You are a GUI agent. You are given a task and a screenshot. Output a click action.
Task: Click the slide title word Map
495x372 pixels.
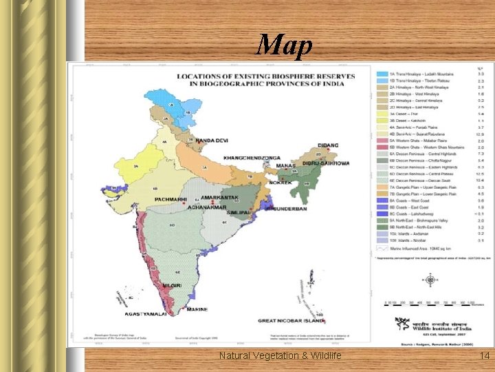click(x=284, y=45)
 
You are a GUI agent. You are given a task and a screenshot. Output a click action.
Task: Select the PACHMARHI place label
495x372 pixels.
click(x=171, y=198)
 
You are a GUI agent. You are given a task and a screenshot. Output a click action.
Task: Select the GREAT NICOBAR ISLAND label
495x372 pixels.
click(x=290, y=320)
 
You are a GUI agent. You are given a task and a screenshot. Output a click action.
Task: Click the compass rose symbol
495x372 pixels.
click(x=430, y=280)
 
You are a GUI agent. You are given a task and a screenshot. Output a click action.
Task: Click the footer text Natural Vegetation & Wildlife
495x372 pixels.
click(x=280, y=355)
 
